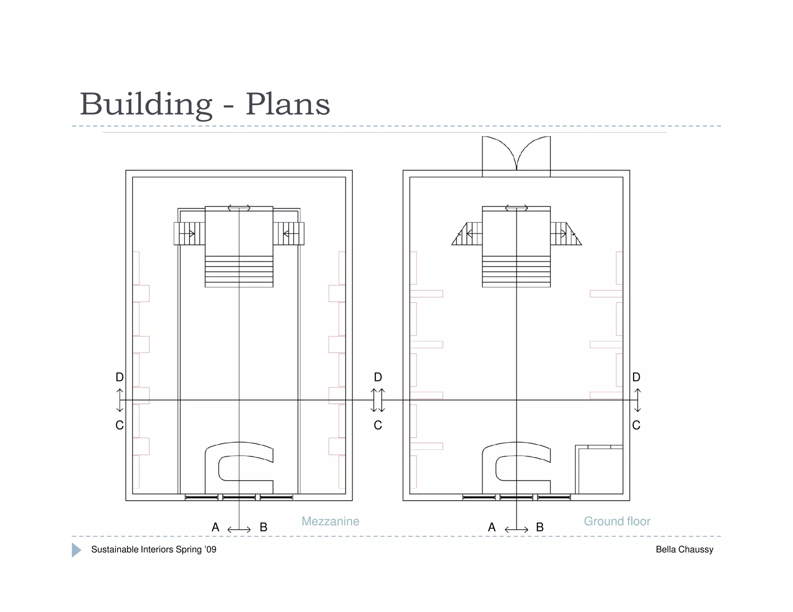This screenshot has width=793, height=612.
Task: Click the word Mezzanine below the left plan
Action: [x=330, y=521]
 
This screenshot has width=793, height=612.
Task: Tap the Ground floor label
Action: [x=617, y=521]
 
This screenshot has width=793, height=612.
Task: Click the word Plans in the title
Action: [x=288, y=104]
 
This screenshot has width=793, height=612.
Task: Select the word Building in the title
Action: [x=146, y=104]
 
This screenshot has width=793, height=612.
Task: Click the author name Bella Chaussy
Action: [x=684, y=549]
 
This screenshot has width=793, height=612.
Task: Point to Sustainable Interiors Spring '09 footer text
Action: [x=153, y=549]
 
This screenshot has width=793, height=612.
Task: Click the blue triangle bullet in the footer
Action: [x=76, y=550]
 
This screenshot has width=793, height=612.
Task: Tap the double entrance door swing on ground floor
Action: [x=516, y=154]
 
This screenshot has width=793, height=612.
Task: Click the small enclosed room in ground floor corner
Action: [x=600, y=471]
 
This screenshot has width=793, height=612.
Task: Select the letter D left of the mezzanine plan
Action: [x=120, y=377]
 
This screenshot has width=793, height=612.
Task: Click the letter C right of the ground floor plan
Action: [x=636, y=425]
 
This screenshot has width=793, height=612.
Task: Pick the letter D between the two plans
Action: [x=378, y=377]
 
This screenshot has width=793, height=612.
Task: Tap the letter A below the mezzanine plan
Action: [x=215, y=527]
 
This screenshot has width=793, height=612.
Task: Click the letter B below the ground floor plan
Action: [x=540, y=527]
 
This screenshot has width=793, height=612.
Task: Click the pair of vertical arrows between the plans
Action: [x=378, y=400]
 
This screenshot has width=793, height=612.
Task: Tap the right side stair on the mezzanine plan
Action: [x=288, y=234]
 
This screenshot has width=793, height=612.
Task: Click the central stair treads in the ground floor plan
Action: [x=516, y=272]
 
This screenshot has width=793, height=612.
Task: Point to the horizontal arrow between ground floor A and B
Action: [x=516, y=530]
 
